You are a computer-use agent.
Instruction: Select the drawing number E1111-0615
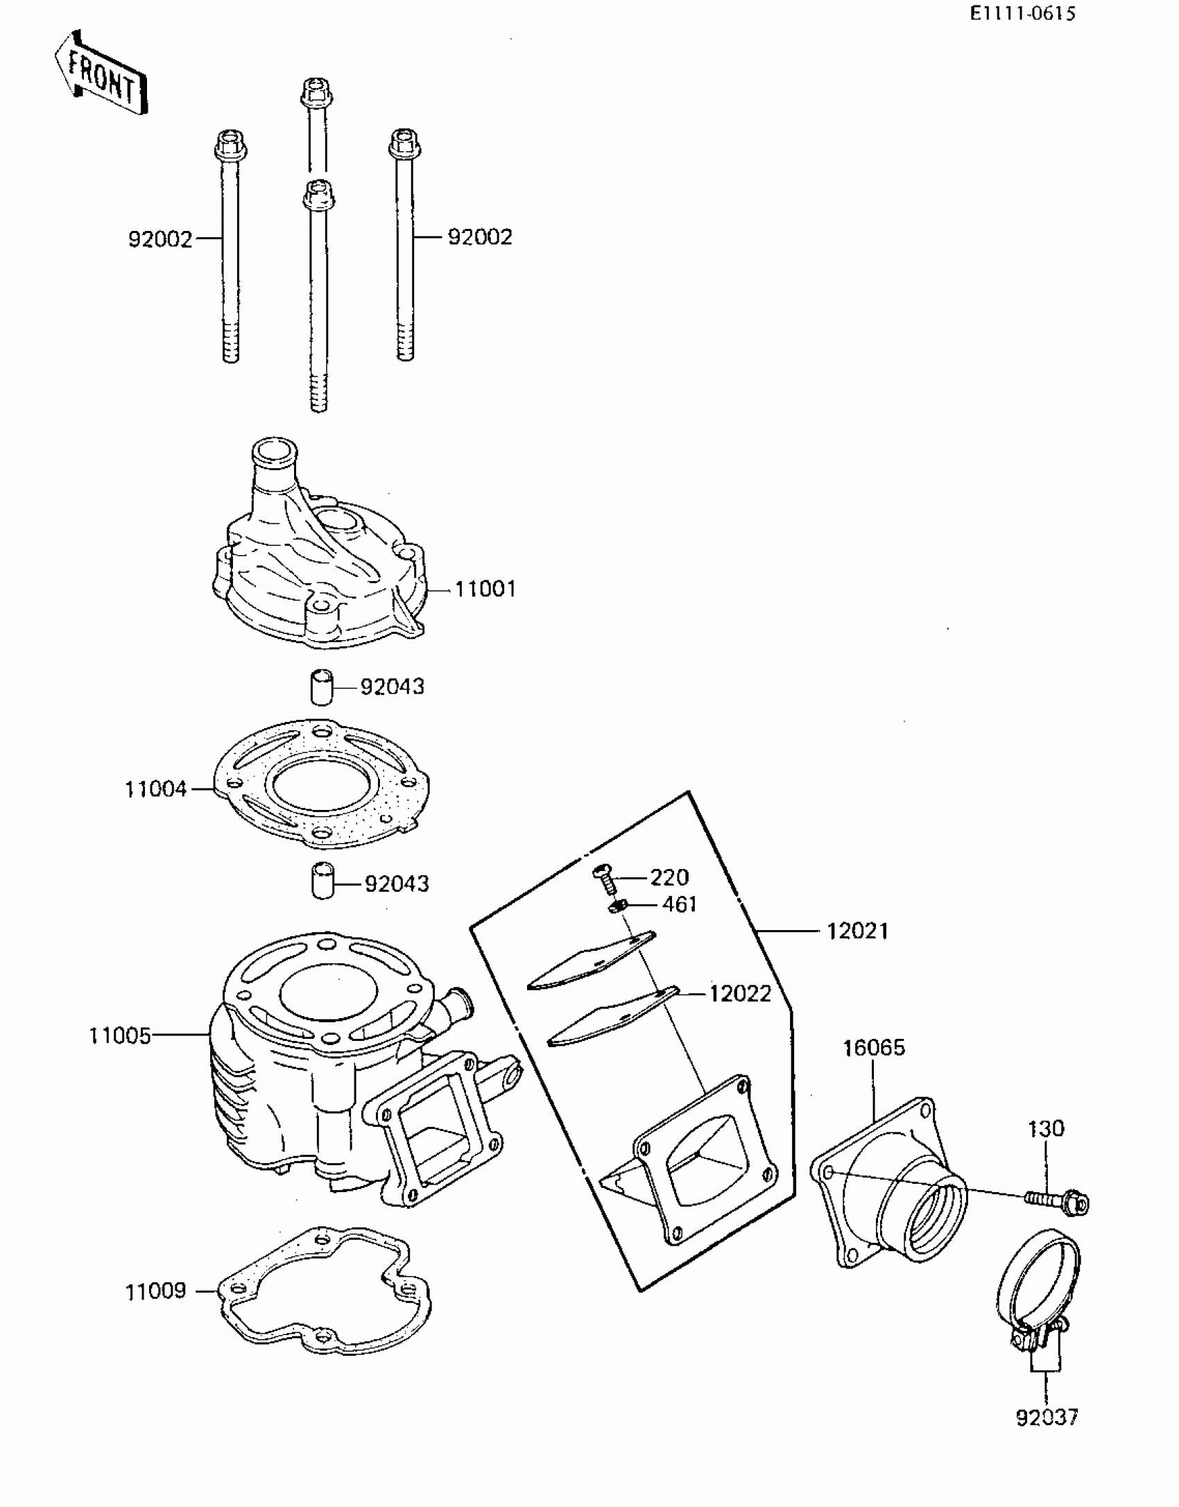coord(1022,14)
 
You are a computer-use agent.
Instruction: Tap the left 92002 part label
coord(160,239)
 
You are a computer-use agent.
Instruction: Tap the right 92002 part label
coord(479,237)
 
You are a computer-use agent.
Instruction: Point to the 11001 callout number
coord(485,589)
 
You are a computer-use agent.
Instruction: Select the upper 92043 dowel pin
coord(321,687)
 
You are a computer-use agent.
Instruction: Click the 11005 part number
coord(119,1036)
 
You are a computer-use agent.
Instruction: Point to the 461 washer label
coord(679,905)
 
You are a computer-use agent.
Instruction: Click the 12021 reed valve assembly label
coord(857,931)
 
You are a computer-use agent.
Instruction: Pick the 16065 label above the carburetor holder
coord(874,1047)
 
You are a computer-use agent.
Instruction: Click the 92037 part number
coord(1047,1418)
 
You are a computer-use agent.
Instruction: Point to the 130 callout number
coord(1045,1129)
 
